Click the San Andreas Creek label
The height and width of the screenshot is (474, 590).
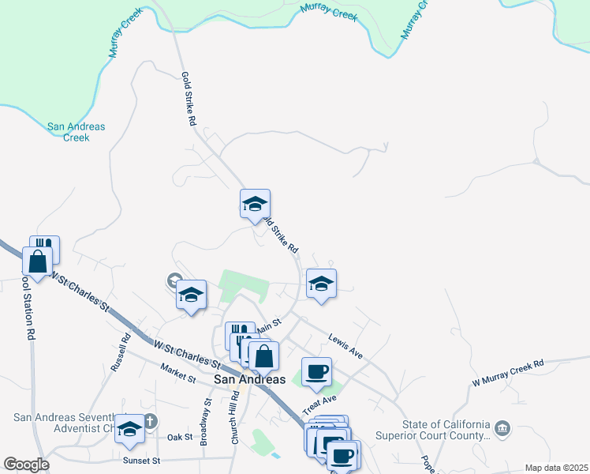coord(76,132)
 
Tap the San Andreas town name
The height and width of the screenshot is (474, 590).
coord(249,379)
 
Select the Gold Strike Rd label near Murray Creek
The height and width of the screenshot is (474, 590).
coord(188,100)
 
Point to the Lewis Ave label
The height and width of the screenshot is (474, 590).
coord(345,346)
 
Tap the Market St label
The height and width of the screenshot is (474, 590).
coord(177,374)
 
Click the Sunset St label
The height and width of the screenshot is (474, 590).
coord(141,460)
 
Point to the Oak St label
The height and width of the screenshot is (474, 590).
coord(181,437)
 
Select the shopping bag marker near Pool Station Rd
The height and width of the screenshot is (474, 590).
coord(38,260)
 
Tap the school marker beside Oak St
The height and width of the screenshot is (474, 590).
coord(130,428)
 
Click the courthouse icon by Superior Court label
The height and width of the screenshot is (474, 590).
coord(502,429)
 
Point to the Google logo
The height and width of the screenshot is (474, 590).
coord(26,465)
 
